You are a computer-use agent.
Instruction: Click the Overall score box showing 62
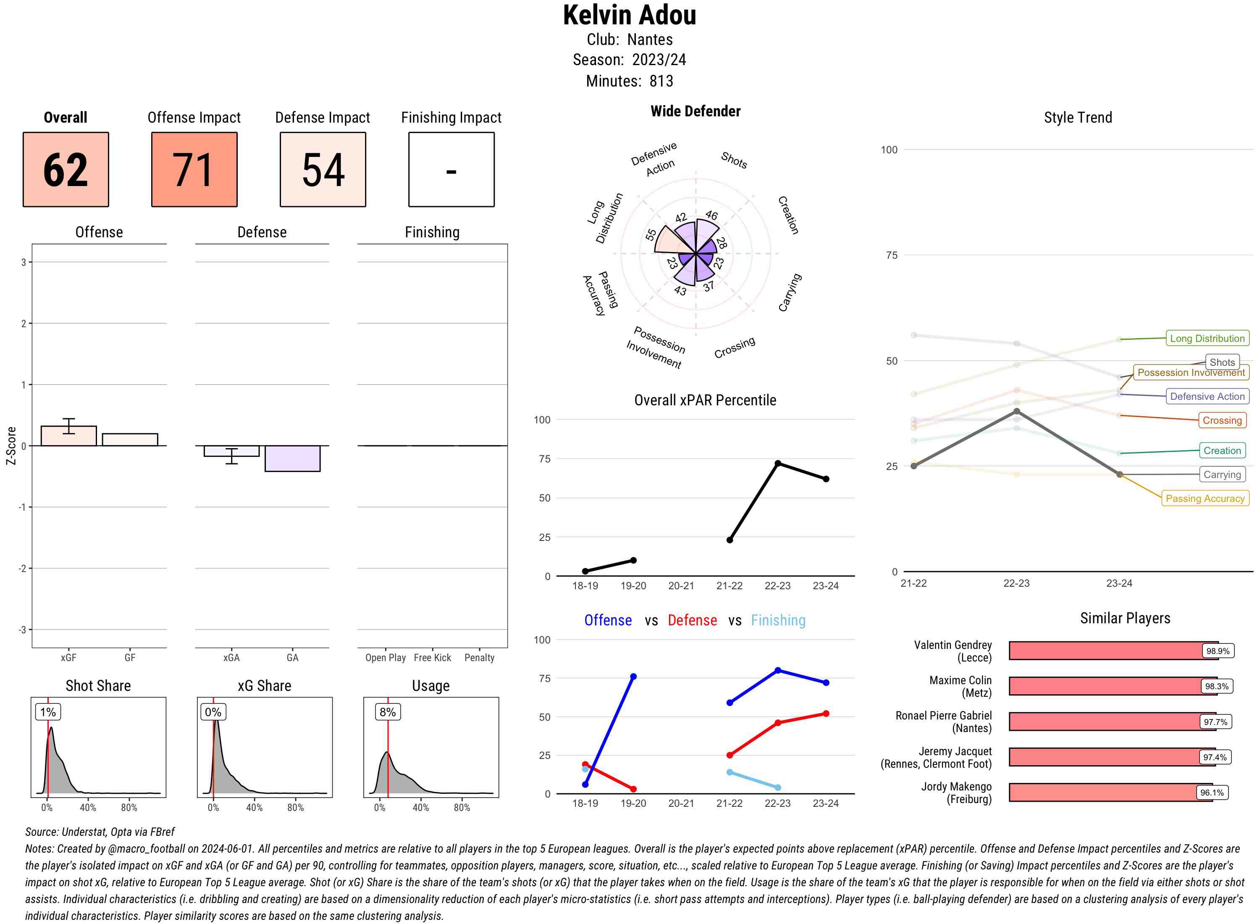66,170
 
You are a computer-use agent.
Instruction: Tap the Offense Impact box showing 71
194,170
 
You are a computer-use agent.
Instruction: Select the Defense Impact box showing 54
323,170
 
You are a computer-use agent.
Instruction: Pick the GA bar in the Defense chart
292,459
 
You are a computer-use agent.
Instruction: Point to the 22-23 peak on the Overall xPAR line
778,463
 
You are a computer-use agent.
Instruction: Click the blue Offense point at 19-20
633,677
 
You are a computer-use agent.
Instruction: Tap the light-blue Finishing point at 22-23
778,787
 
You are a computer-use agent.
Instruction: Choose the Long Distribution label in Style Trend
1207,339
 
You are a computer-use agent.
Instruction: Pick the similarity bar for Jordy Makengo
1110,793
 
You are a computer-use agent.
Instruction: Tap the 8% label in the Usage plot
388,712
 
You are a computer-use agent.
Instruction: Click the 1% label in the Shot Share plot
48,712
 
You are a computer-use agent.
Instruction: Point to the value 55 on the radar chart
651,234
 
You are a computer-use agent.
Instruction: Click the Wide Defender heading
695,111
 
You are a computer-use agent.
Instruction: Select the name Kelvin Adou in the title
629,16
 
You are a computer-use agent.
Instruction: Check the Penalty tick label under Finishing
479,658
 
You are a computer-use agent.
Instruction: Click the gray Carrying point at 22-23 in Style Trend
1016,412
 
